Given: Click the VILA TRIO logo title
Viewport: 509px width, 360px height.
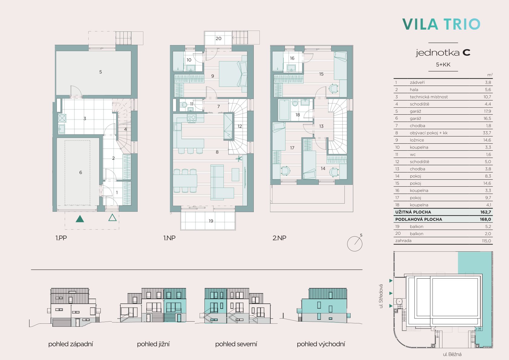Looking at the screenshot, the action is (x=441, y=24).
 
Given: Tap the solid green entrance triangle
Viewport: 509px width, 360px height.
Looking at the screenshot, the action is (x=80, y=219).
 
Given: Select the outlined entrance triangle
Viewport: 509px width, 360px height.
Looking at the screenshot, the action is (x=113, y=218).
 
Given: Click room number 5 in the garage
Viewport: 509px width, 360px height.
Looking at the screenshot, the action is (x=100, y=72).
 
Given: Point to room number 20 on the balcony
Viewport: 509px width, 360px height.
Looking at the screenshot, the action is (x=218, y=38).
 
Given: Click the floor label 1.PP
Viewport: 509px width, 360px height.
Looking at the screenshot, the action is (x=61, y=238).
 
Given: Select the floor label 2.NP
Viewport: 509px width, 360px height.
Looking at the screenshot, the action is (x=279, y=238).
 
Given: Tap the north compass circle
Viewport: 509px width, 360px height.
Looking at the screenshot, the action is (x=354, y=244).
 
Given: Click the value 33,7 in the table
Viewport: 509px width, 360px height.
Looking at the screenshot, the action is (x=487, y=133).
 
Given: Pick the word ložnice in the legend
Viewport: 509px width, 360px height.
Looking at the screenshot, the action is (x=417, y=140).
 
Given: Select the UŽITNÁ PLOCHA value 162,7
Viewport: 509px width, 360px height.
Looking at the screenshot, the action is (x=486, y=212).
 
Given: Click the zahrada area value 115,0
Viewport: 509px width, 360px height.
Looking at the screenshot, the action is (x=487, y=241).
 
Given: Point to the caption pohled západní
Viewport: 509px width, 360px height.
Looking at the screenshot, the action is (x=70, y=344).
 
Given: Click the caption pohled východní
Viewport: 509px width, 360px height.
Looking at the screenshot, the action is (x=321, y=344).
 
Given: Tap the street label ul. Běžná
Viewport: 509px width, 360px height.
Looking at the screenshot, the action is (x=452, y=354).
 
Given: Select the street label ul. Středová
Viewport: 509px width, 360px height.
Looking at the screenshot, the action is (x=381, y=296).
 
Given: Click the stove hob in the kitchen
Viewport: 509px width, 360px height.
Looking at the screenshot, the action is (x=191, y=118).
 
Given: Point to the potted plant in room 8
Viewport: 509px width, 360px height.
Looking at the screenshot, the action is (x=239, y=159).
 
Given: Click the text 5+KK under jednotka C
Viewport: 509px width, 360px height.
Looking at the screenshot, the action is (x=443, y=64).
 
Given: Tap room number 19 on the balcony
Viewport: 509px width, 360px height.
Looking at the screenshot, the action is (x=211, y=221).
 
